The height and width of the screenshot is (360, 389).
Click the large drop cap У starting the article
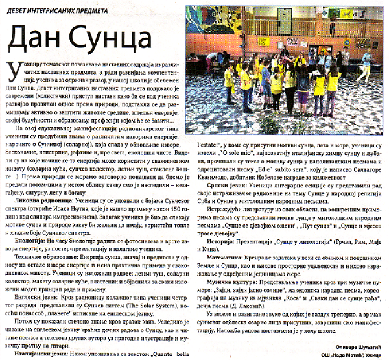[10, 71]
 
